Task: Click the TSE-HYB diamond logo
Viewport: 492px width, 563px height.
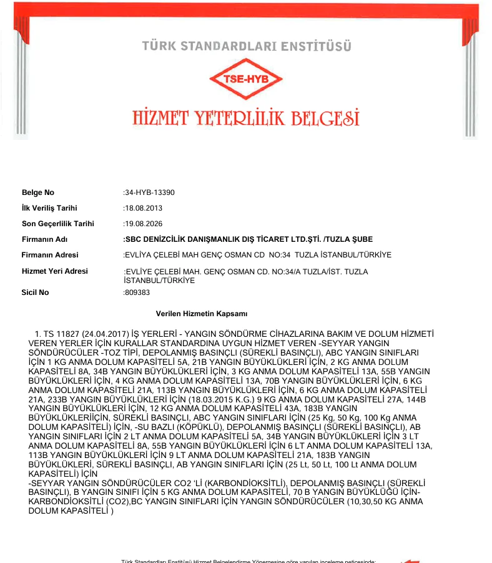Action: click(x=246, y=79)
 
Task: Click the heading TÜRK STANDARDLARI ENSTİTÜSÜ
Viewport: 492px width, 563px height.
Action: click(x=246, y=46)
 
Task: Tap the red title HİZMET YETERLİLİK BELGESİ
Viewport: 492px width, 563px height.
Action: click(x=246, y=118)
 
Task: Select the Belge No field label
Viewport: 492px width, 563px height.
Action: click(x=38, y=192)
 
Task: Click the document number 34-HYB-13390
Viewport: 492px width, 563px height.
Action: click(x=150, y=192)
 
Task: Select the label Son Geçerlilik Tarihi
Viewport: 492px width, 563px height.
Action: click(x=57, y=224)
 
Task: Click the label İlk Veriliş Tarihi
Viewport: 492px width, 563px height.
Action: click(x=49, y=208)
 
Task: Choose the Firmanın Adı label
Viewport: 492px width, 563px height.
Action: click(x=44, y=239)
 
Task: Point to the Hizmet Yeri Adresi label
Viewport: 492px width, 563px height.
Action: click(x=55, y=271)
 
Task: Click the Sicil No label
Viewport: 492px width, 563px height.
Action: click(x=35, y=292)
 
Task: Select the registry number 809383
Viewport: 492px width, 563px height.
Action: click(x=137, y=292)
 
